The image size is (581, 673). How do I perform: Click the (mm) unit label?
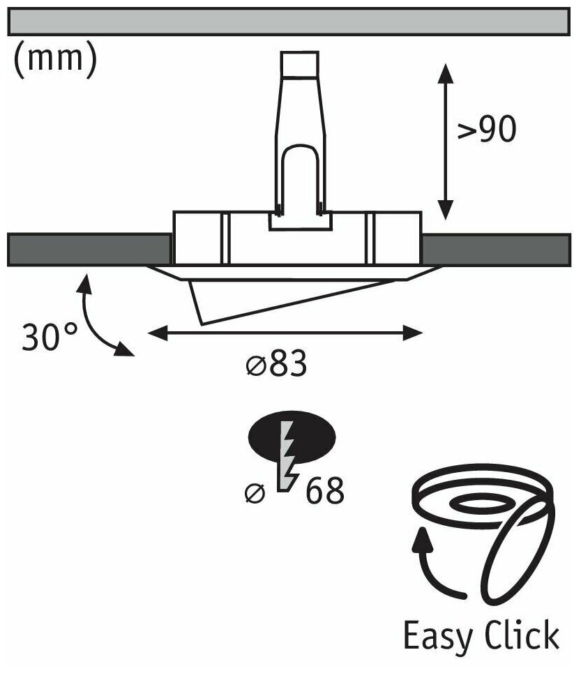coord(54,60)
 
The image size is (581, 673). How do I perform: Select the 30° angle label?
coord(50,338)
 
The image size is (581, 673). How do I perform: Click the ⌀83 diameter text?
coord(276,365)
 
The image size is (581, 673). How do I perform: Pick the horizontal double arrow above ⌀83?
coord(286,334)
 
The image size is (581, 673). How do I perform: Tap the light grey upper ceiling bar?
coord(290,22)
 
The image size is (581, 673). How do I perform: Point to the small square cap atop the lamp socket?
coord(301,66)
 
